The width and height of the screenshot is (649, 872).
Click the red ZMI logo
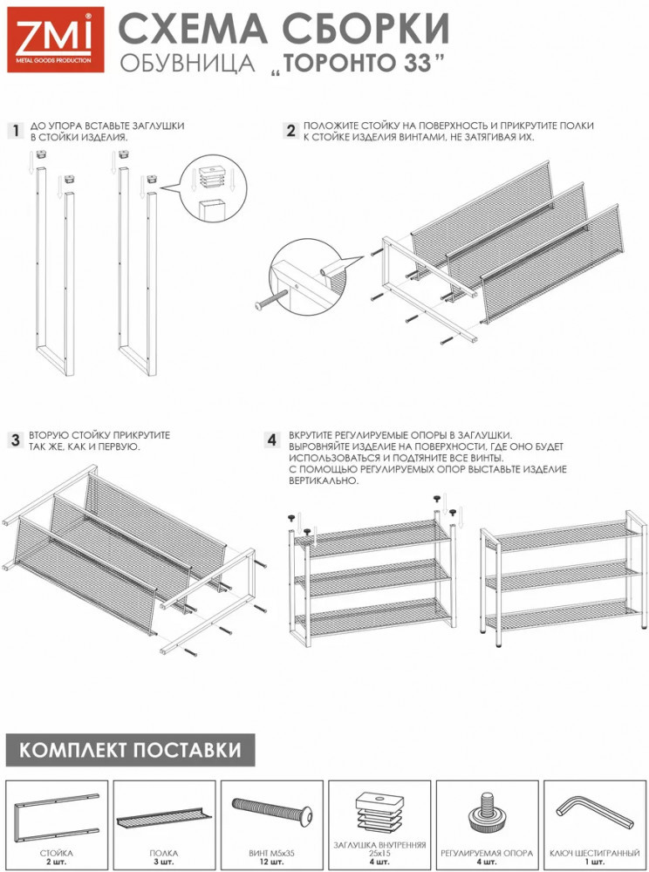click(55, 39)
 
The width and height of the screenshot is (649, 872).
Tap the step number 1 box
click(15, 132)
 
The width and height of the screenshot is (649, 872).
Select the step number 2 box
click(290, 131)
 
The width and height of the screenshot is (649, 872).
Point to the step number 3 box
click(15, 440)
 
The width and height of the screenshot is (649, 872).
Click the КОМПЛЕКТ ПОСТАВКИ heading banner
click(131, 750)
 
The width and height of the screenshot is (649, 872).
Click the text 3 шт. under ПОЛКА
click(164, 862)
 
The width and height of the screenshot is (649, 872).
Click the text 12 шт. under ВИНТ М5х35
click(272, 862)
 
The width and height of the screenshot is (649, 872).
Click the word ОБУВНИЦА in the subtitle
click(187, 64)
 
